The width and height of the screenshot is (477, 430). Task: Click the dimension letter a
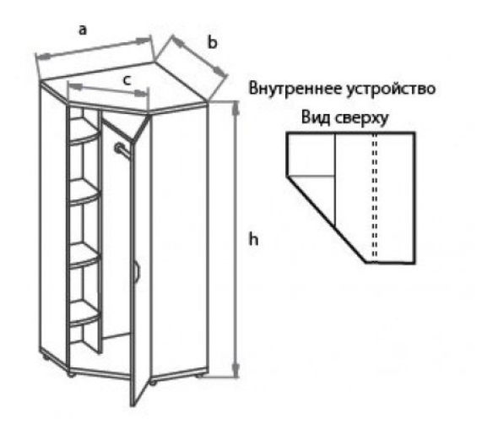[83, 30]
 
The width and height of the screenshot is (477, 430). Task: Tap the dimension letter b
[213, 41]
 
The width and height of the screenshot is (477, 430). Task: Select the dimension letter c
[127, 80]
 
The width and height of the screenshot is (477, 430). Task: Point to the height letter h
[253, 238]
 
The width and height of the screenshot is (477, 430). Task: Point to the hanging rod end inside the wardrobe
[118, 148]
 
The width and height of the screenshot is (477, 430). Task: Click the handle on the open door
[137, 269]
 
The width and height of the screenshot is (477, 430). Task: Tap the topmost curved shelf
[84, 135]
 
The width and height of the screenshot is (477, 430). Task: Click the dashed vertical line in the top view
[375, 197]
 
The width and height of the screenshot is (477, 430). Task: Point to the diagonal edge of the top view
[326, 219]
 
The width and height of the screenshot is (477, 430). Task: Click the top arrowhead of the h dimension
[236, 108]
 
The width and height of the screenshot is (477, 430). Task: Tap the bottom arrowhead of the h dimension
[236, 370]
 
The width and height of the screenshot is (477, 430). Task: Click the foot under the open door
[153, 382]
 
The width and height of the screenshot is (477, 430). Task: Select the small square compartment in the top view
[312, 155]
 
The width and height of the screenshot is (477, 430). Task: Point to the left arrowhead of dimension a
[43, 57]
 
